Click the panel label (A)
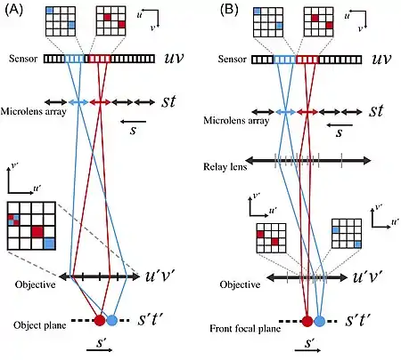coord(14,11)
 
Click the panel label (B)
coord(229,10)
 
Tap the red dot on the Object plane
coord(100,320)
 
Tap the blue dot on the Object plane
coord(112,320)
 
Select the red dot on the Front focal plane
coord(307,321)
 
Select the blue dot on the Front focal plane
coord(320,321)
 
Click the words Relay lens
coord(225,167)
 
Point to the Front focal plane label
coord(245,328)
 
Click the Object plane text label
coord(40,325)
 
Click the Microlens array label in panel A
coord(33,111)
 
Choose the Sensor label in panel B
coord(232,60)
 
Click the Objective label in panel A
coord(35,284)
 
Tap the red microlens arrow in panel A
coord(100,102)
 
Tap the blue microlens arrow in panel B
coord(286,112)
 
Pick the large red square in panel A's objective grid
coord(37,231)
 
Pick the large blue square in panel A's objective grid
coord(49,244)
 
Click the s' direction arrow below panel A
coord(100,350)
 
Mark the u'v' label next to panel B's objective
coord(367,276)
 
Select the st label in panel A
coord(168,101)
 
